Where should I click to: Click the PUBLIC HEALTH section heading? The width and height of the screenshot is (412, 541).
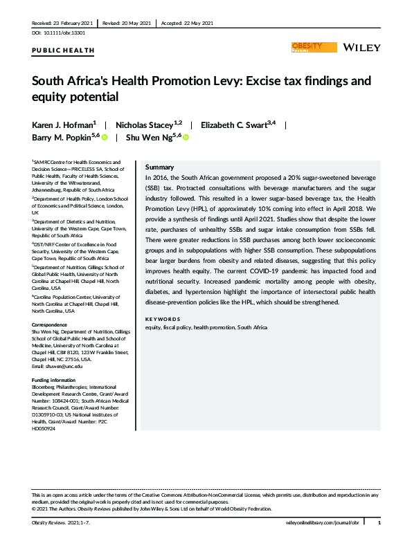(x=63, y=51)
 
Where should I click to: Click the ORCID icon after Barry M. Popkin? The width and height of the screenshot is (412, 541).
(x=105, y=138)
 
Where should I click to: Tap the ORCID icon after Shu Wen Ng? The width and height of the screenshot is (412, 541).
(x=186, y=138)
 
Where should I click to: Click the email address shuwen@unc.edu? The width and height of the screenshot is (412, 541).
(x=57, y=366)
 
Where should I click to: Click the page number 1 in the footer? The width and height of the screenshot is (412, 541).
(x=378, y=523)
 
